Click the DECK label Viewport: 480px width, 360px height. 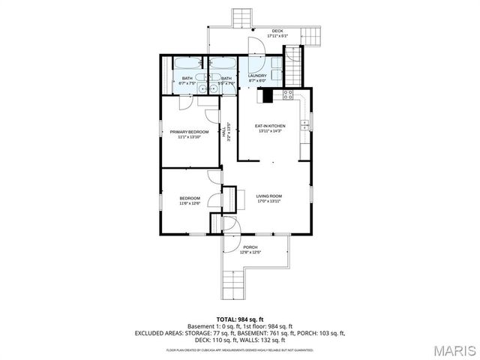(277, 30)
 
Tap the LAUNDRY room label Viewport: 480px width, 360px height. (258, 76)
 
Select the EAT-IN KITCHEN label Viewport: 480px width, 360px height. (270, 126)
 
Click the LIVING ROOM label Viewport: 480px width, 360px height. (268, 196)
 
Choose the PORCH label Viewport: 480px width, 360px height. (250, 247)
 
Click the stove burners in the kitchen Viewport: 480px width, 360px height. (286, 95)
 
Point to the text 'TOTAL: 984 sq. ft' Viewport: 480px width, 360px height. (240, 319)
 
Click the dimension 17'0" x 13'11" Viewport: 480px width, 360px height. (268, 201)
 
